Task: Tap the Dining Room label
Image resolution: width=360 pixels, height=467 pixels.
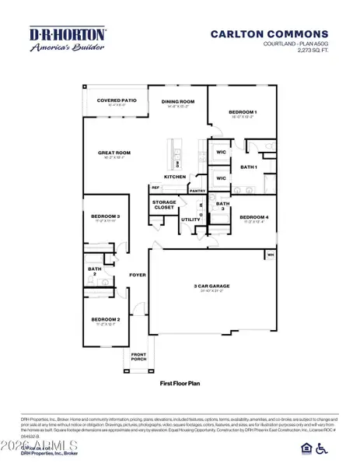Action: (x=178, y=100)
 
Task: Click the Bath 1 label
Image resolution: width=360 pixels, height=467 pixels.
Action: (x=249, y=167)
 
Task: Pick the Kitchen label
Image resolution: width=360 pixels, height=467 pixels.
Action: (x=174, y=177)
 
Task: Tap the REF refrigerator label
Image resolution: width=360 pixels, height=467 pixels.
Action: (x=155, y=187)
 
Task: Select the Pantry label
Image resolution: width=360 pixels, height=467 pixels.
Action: (x=197, y=190)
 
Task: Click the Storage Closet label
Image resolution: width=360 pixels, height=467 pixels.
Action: (x=164, y=205)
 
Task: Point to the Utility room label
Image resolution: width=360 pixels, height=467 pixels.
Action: (x=190, y=219)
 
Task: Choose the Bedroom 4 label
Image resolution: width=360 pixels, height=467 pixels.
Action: (x=253, y=217)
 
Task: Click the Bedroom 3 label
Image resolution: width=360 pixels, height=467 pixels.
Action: (x=105, y=216)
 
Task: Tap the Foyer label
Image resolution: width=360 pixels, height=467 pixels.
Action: (x=138, y=274)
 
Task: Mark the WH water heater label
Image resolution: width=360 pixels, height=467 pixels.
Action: (x=271, y=254)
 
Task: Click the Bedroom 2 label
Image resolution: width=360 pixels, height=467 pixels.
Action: (x=105, y=320)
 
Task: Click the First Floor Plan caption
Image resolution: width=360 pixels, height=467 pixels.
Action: (x=180, y=383)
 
